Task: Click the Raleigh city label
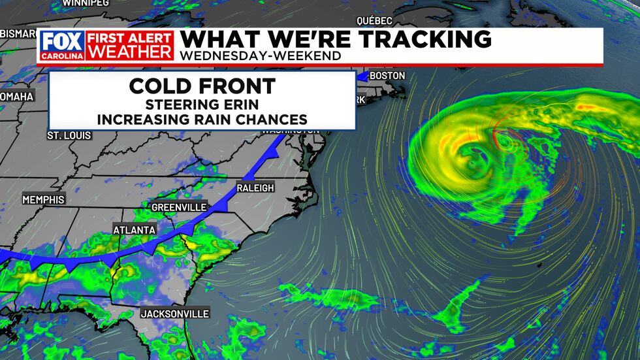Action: [x=255, y=188]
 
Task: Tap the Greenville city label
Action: [x=179, y=207]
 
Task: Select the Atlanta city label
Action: [x=135, y=230]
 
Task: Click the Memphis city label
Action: [x=44, y=199]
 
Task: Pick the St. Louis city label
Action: [x=69, y=135]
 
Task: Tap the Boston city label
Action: [x=387, y=76]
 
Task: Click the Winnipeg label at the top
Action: [x=86, y=3]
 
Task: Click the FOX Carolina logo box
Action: [x=62, y=45]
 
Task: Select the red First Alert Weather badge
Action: [x=130, y=45]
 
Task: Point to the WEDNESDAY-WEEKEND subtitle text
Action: [x=260, y=56]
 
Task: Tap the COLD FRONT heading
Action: [x=202, y=86]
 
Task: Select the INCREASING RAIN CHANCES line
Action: [x=202, y=120]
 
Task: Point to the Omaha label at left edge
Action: [x=17, y=97]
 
